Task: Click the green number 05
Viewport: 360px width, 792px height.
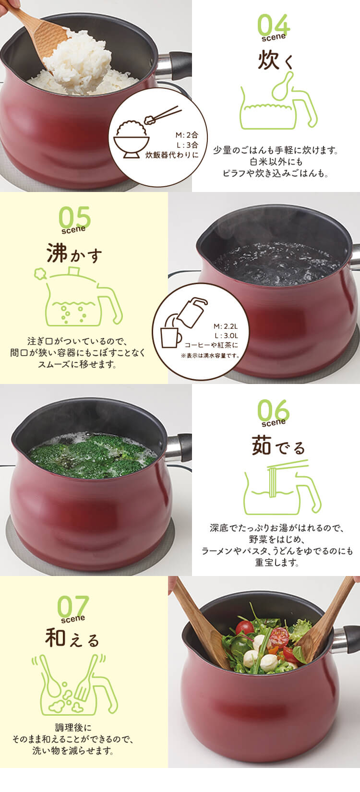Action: [74, 217]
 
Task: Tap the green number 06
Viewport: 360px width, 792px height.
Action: [274, 411]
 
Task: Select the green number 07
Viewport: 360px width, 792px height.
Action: [73, 607]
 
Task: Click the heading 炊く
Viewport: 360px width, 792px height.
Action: [275, 61]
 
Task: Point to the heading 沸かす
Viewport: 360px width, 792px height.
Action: [74, 254]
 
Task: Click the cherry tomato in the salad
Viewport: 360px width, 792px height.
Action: [245, 627]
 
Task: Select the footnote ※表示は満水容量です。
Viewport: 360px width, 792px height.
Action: [210, 356]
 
